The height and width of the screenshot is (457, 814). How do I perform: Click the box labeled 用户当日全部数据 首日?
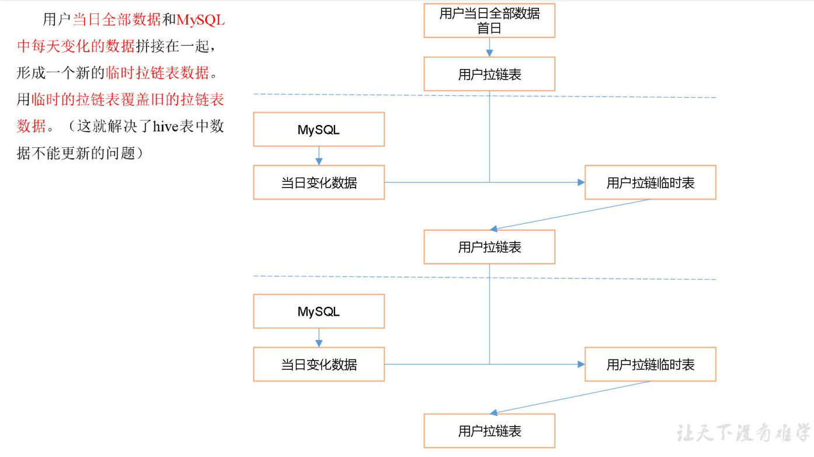489,21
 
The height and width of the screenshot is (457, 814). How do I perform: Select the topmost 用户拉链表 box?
489,74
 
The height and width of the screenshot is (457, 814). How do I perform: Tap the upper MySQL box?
318,130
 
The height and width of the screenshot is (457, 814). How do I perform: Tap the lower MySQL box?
318,311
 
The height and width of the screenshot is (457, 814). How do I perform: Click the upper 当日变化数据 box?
318,182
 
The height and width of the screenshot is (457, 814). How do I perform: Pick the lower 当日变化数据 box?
318,365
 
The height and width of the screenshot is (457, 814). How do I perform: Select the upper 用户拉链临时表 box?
650,182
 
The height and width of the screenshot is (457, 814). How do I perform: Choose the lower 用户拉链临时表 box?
650,365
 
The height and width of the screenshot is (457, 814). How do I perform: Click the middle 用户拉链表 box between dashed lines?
489,247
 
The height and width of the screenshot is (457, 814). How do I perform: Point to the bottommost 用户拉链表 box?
489,431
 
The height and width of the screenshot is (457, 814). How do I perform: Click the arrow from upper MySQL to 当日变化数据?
319,156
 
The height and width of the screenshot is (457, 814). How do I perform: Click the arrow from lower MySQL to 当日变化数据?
319,338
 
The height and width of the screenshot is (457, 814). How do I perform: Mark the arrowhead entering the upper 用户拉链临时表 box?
580,182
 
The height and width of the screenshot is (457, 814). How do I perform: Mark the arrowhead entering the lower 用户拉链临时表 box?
580,365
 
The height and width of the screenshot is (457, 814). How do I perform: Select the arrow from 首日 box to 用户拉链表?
489,48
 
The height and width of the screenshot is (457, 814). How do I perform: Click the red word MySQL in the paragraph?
200,20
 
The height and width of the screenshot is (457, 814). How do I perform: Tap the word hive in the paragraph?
165,126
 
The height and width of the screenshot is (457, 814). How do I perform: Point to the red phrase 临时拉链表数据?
157,73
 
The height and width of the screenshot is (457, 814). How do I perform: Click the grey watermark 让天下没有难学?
743,434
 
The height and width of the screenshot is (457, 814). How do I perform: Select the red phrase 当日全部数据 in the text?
117,20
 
